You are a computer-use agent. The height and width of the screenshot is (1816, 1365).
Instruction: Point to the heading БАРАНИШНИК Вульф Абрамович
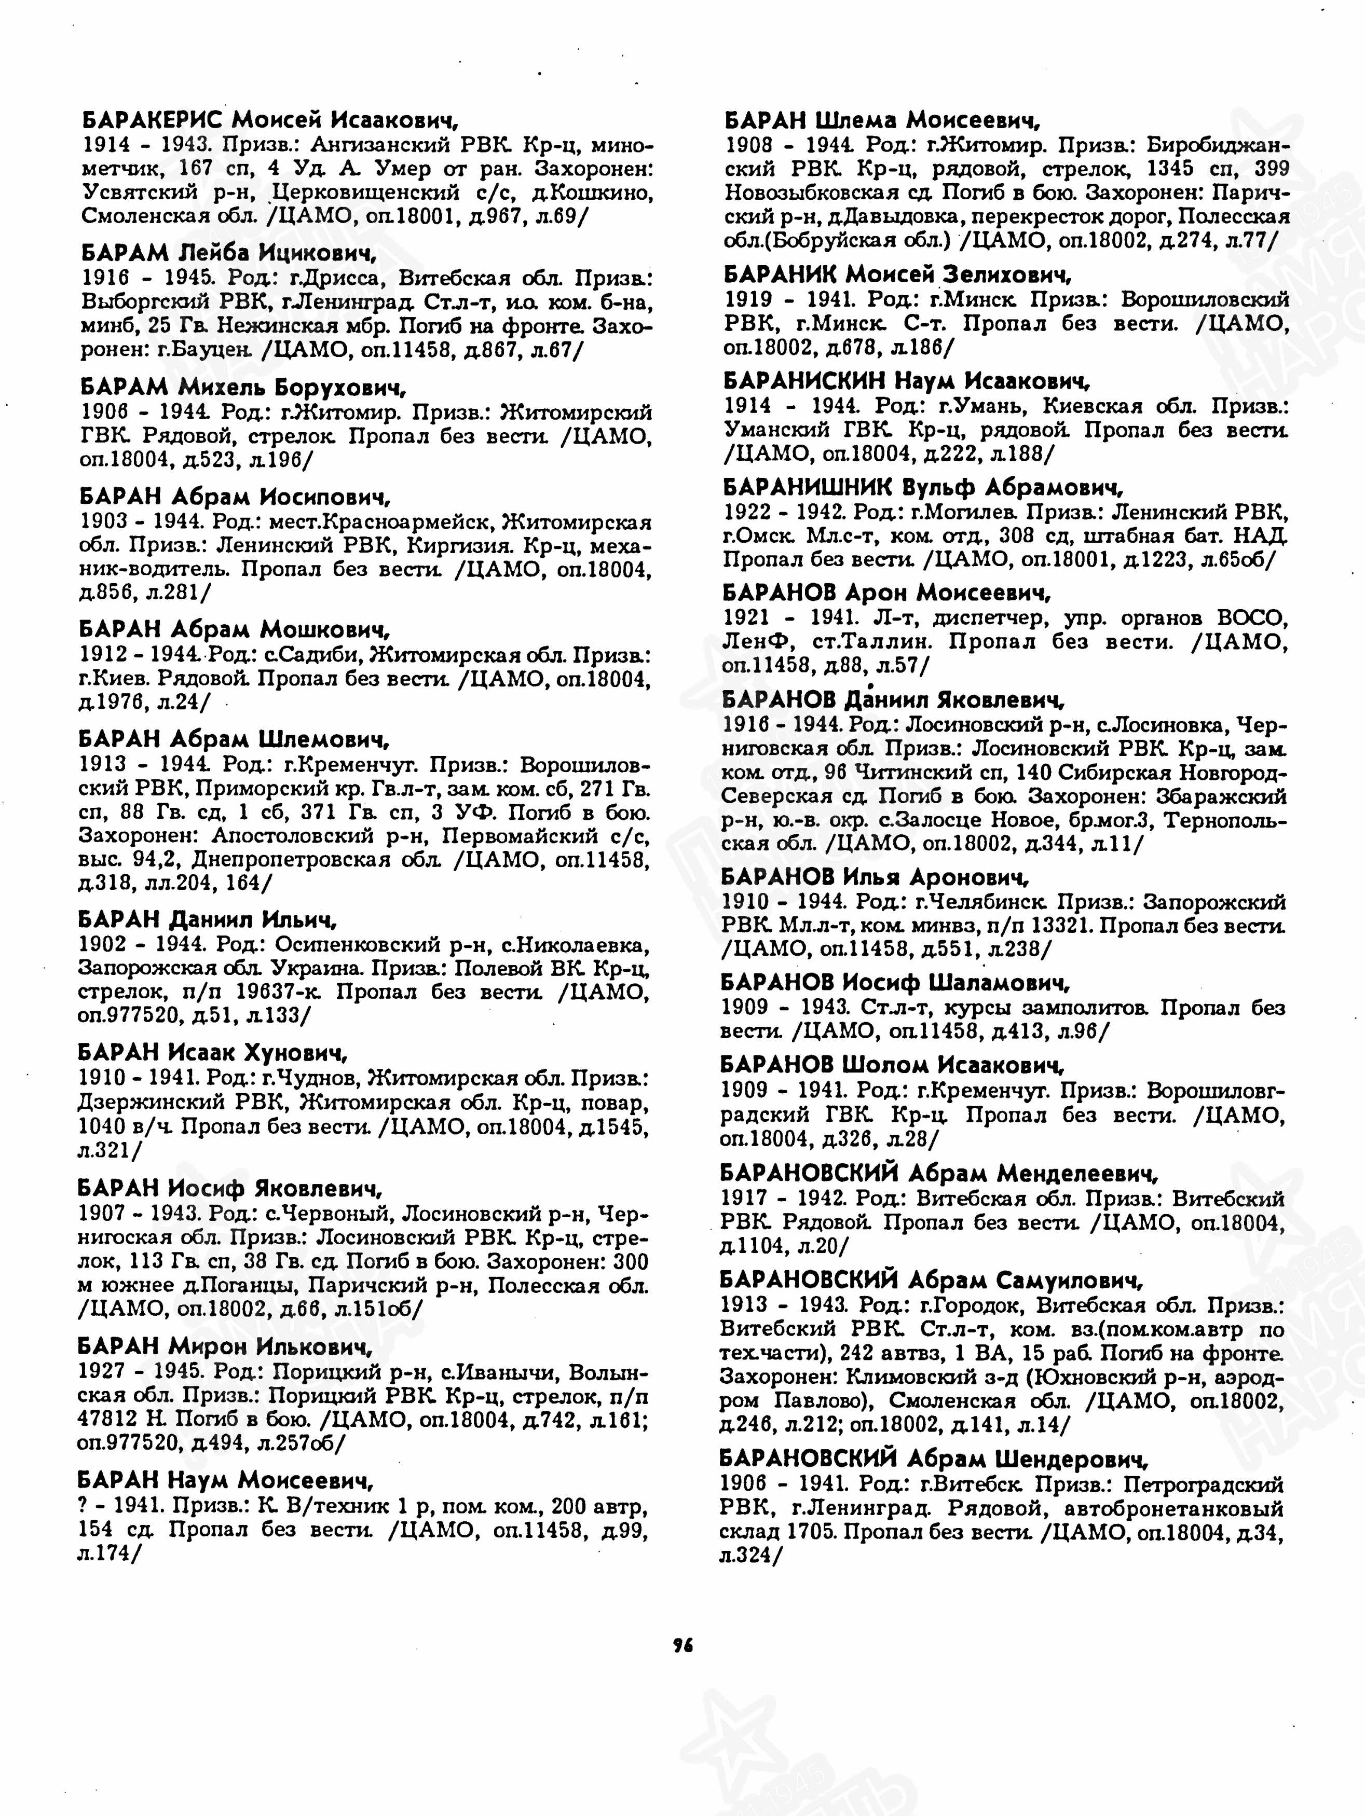[x=922, y=488]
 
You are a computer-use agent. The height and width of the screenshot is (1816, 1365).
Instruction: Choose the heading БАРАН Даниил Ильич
[x=208, y=919]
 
